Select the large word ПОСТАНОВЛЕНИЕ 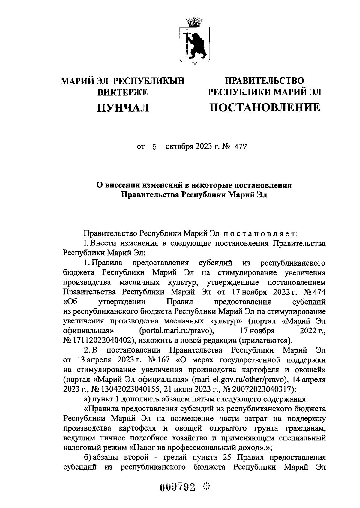pyautogui.click(x=265, y=107)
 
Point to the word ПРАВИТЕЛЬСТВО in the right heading pyautogui.click(x=265, y=80)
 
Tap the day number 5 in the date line pyautogui.click(x=154, y=147)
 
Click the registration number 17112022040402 pyautogui.click(x=97, y=340)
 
